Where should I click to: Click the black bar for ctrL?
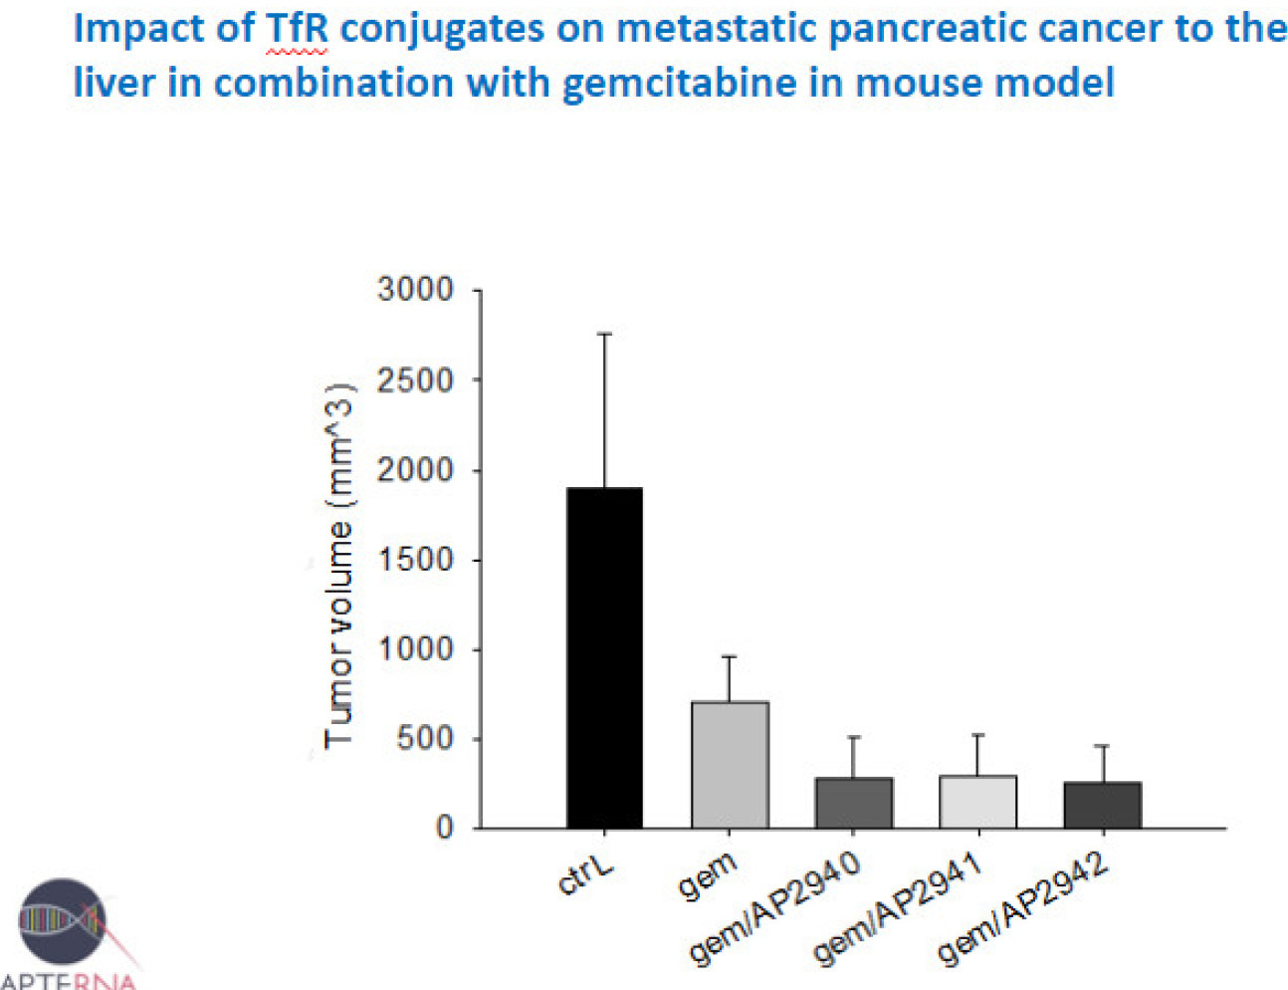[604, 657]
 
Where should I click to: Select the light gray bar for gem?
[730, 765]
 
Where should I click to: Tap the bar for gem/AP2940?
[853, 803]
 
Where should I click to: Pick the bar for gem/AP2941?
[978, 802]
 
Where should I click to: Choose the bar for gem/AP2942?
[1102, 805]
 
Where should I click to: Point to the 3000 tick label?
[415, 290]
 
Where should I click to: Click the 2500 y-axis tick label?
[415, 379]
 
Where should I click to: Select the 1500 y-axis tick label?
[415, 560]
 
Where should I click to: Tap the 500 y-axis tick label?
[425, 739]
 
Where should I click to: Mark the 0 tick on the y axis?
[445, 829]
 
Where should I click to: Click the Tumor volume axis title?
[339, 565]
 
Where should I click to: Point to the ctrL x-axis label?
[586, 875]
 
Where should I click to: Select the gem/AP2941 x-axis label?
[898, 909]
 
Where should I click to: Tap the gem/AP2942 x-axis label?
[1022, 909]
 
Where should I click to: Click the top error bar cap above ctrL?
[604, 335]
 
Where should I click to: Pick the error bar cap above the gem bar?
[730, 657]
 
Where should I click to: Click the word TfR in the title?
[297, 28]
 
